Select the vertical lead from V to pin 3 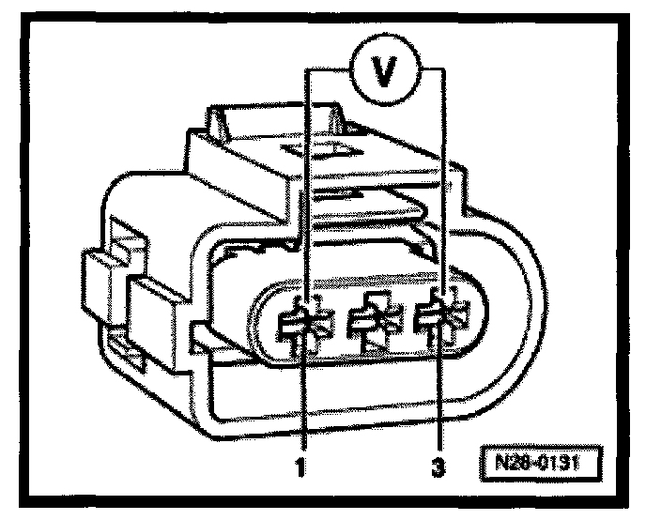pyautogui.click(x=445, y=188)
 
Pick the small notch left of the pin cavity pyautogui.click(x=199, y=335)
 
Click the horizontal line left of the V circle pyautogui.click(x=329, y=68)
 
